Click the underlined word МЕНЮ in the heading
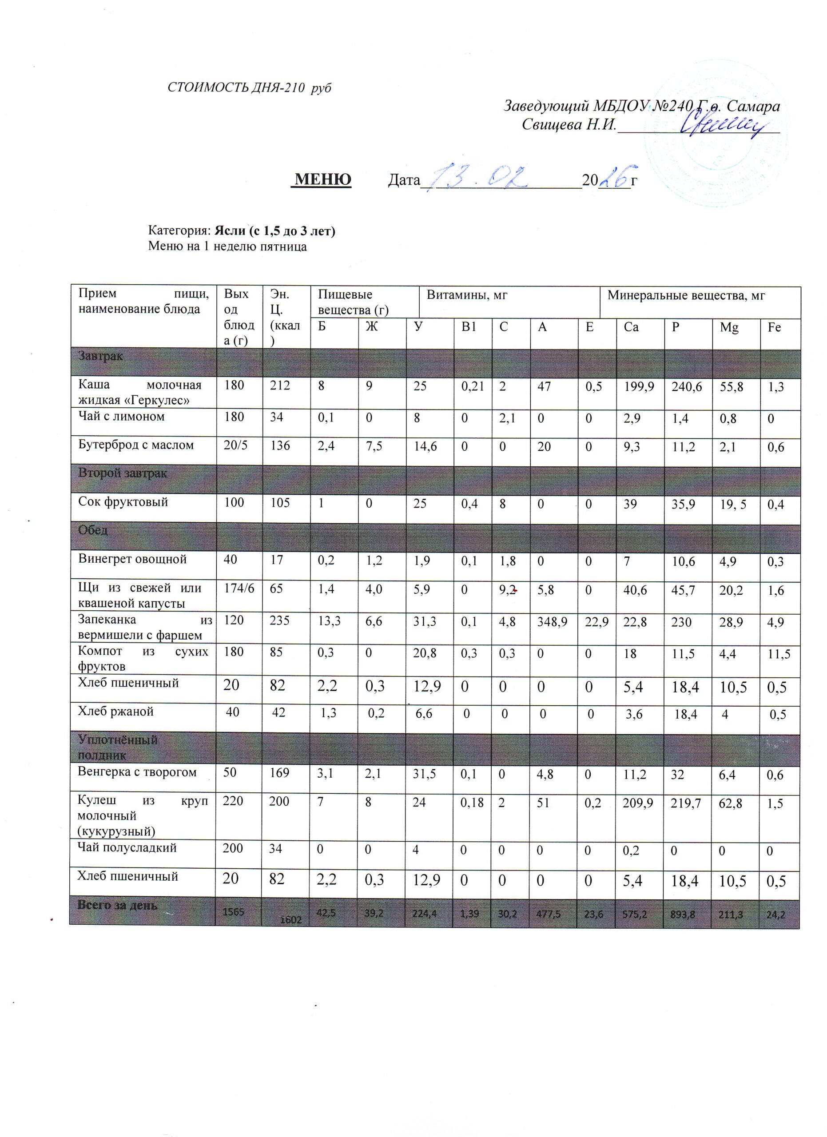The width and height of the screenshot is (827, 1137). coord(323,179)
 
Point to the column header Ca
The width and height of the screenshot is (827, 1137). coord(631,327)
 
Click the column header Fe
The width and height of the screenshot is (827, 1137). coord(775,327)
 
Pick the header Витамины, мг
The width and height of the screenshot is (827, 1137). coord(467,295)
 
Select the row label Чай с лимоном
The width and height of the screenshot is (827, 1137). coord(121,417)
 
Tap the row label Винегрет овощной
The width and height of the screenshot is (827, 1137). coord(132,559)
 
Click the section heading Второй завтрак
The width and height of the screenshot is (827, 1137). coord(122,473)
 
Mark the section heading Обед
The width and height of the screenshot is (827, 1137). coord(93,530)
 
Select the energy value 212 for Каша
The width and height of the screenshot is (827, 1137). coord(280,386)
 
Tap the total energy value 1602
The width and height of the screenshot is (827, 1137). coord(291,920)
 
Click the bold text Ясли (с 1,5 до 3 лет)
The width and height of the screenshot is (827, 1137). coord(274,231)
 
